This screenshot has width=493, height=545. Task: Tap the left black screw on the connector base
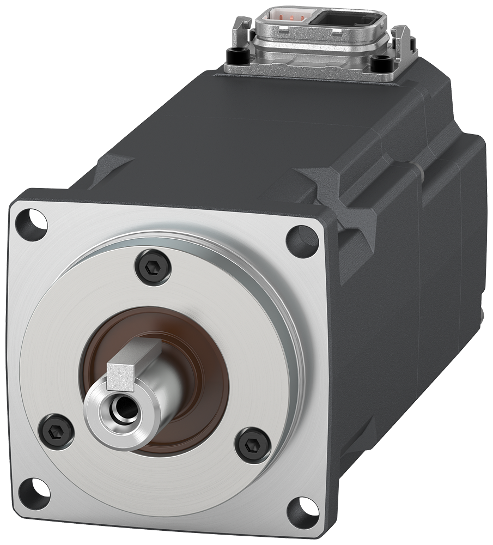click(x=236, y=55)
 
